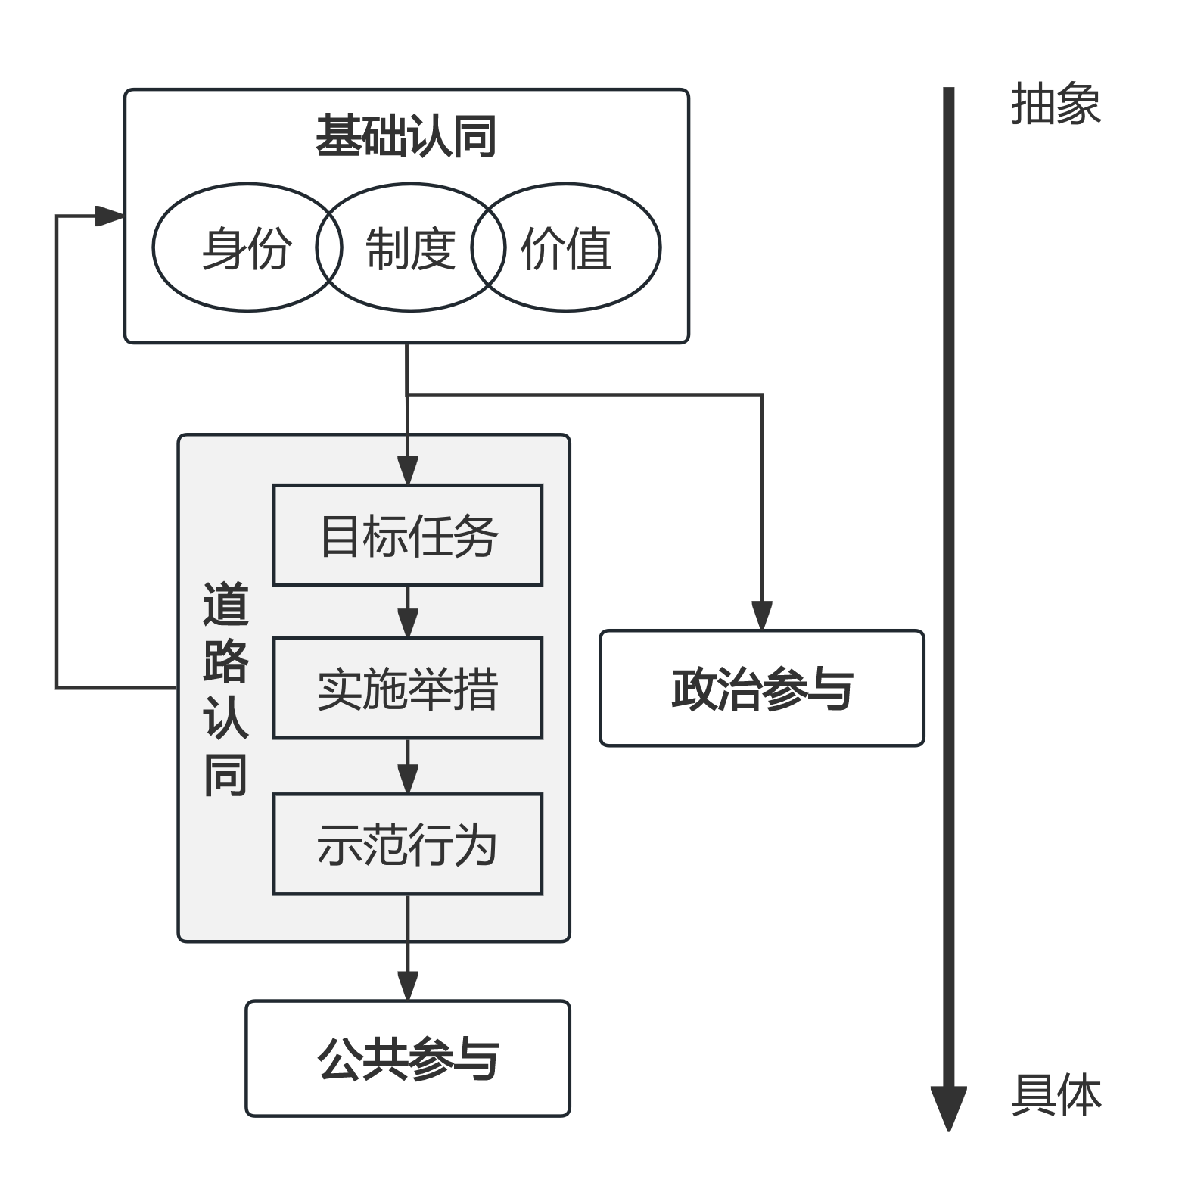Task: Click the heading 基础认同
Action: [406, 137]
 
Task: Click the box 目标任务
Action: [408, 535]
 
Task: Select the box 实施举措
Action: [408, 688]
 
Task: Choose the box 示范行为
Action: [408, 844]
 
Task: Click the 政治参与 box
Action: [762, 688]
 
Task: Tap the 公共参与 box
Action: [408, 1058]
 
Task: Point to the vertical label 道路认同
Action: [225, 689]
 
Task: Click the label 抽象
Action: [1056, 104]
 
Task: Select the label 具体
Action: [1056, 1095]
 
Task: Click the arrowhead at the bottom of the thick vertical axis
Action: [949, 1109]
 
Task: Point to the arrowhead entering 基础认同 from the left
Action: [110, 216]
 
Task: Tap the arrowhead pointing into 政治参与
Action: [762, 616]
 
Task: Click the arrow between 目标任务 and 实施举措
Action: [408, 612]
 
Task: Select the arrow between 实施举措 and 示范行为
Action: [408, 766]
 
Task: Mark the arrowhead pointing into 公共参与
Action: [408, 986]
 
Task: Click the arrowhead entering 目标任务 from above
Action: [408, 470]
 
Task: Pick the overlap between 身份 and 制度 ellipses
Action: [329, 247]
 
